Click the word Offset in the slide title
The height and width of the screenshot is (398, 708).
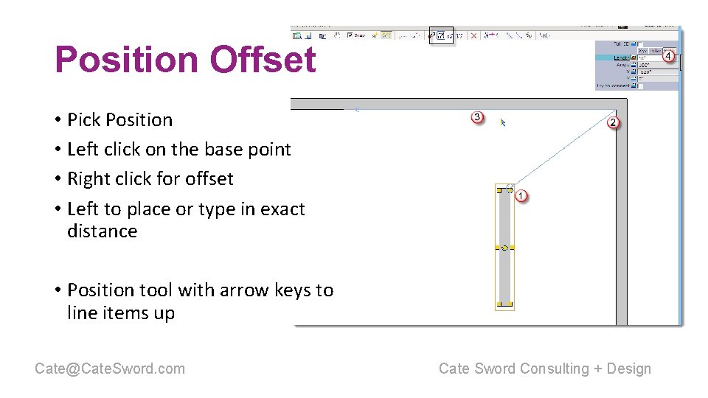point(263,60)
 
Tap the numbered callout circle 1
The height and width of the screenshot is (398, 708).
point(521,195)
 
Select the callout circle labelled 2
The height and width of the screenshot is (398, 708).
point(613,122)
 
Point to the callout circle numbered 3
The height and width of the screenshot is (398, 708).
point(477,117)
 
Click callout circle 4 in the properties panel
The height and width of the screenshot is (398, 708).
point(668,56)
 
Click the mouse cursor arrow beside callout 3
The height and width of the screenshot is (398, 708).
point(503,122)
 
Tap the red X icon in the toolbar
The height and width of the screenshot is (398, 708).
point(473,35)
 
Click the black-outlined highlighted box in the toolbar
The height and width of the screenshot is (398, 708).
point(442,35)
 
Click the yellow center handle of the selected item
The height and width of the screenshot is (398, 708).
point(505,248)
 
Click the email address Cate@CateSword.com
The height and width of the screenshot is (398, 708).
point(110,369)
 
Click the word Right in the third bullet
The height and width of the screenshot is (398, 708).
point(86,179)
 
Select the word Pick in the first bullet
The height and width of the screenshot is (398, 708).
point(83,120)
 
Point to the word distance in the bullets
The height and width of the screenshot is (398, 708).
point(102,231)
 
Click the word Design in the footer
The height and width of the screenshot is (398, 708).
point(628,369)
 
